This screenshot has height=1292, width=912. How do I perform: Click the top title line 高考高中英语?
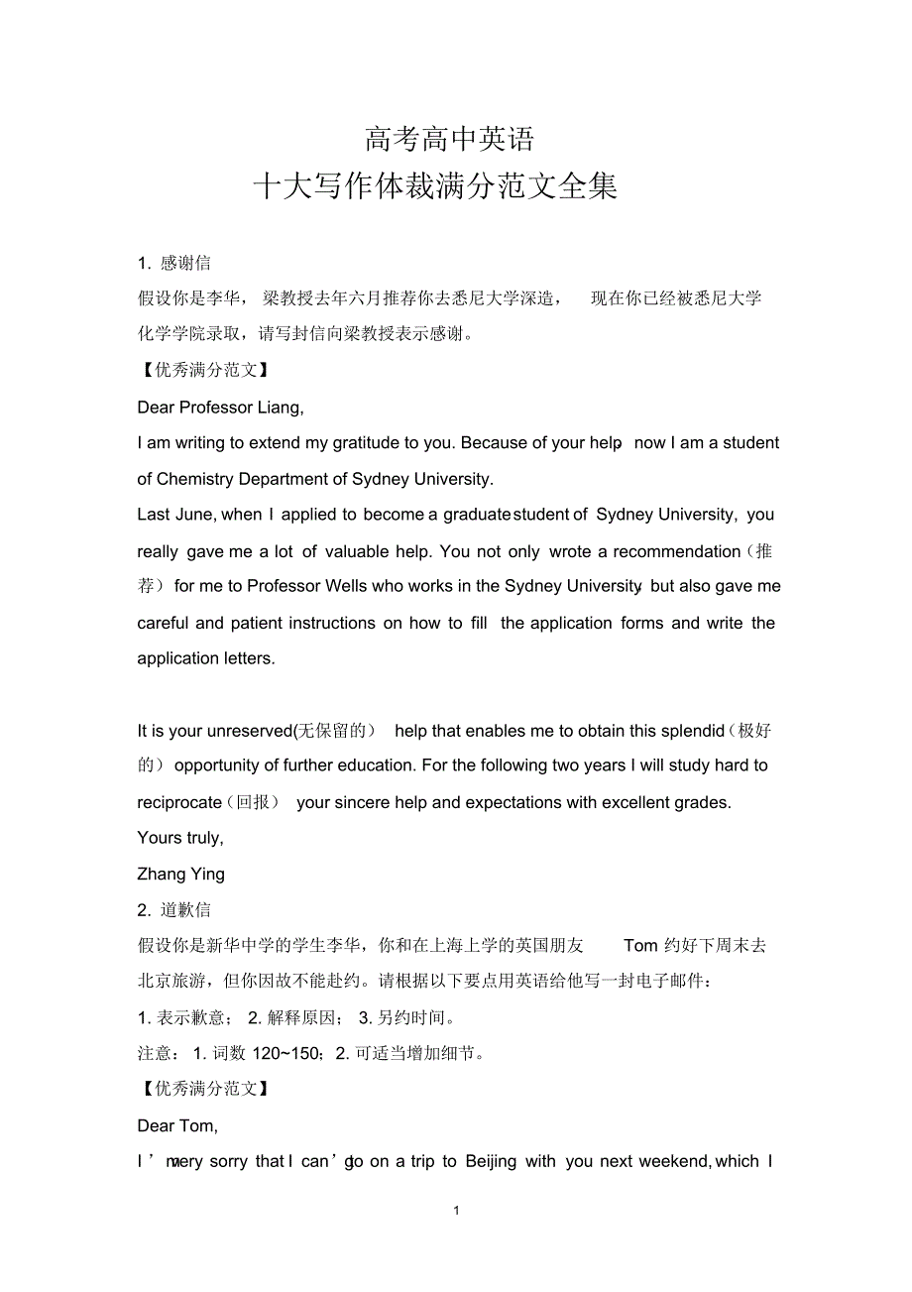pyautogui.click(x=449, y=139)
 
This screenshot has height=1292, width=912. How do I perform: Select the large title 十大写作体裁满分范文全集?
pyautogui.click(x=435, y=186)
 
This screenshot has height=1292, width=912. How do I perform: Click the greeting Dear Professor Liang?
pyautogui.click(x=220, y=407)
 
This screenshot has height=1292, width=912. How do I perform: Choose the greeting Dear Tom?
pyautogui.click(x=177, y=1125)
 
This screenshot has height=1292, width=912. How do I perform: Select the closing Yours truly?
pyautogui.click(x=179, y=838)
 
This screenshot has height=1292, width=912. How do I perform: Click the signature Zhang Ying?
pyautogui.click(x=180, y=874)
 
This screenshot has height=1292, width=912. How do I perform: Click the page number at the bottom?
pyautogui.click(x=455, y=1211)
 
